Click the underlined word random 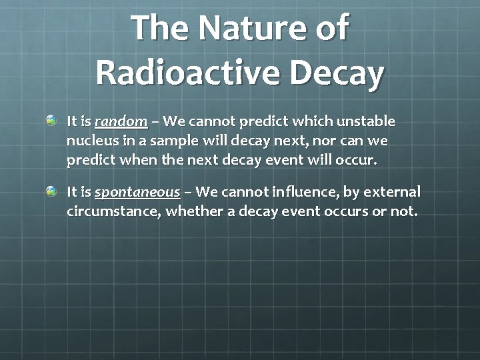(121, 122)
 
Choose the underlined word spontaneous (137, 193)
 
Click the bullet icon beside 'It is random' (52, 121)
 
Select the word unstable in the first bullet (365, 122)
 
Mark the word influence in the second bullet (306, 193)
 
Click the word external (391, 193)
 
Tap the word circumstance (113, 212)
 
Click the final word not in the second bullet (403, 212)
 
